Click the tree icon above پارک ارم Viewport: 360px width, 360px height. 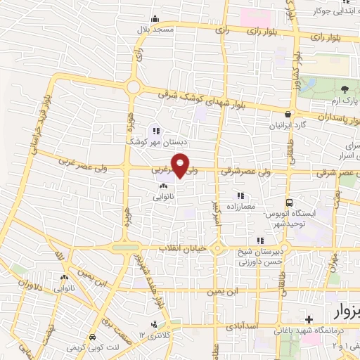(345, 89)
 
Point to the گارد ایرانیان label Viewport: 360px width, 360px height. (288, 126)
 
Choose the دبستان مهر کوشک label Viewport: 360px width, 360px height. (148, 141)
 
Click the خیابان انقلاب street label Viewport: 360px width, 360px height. (181, 250)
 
